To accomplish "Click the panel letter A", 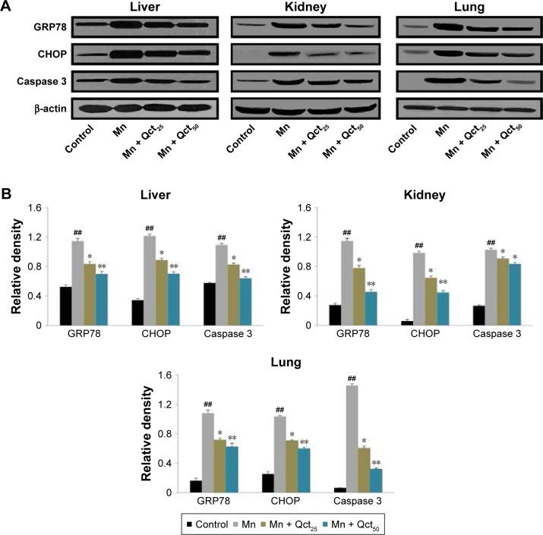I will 7,7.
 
